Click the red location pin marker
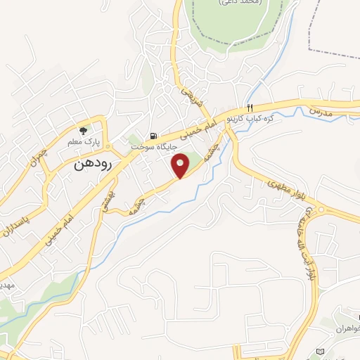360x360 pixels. pyautogui.click(x=181, y=165)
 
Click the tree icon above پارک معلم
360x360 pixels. pyautogui.click(x=83, y=130)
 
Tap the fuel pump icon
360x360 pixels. pyautogui.click(x=152, y=136)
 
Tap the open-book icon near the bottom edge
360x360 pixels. pyautogui.click(x=321, y=351)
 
